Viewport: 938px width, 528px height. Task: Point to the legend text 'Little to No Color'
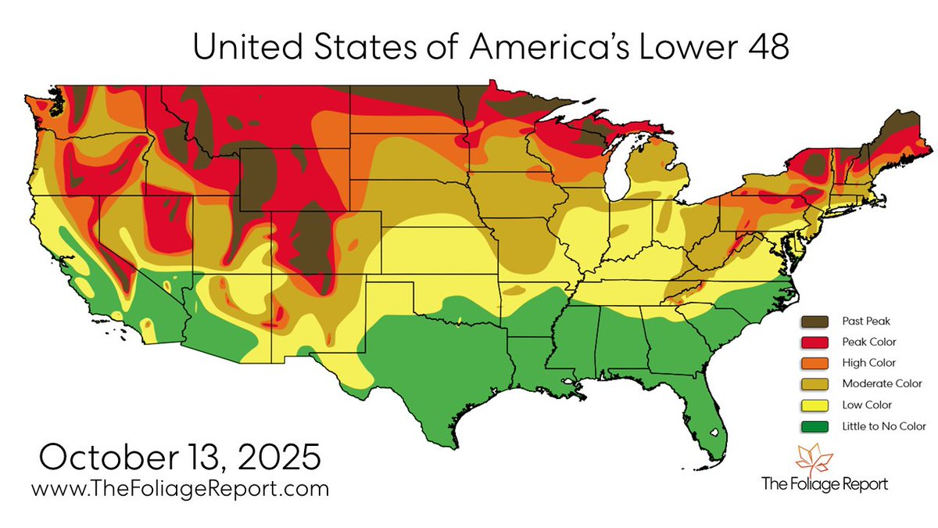[x=884, y=426]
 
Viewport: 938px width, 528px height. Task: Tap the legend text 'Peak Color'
[x=868, y=342]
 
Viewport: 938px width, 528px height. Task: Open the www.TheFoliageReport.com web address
[x=180, y=490]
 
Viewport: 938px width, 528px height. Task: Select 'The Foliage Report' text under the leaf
[x=825, y=484]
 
